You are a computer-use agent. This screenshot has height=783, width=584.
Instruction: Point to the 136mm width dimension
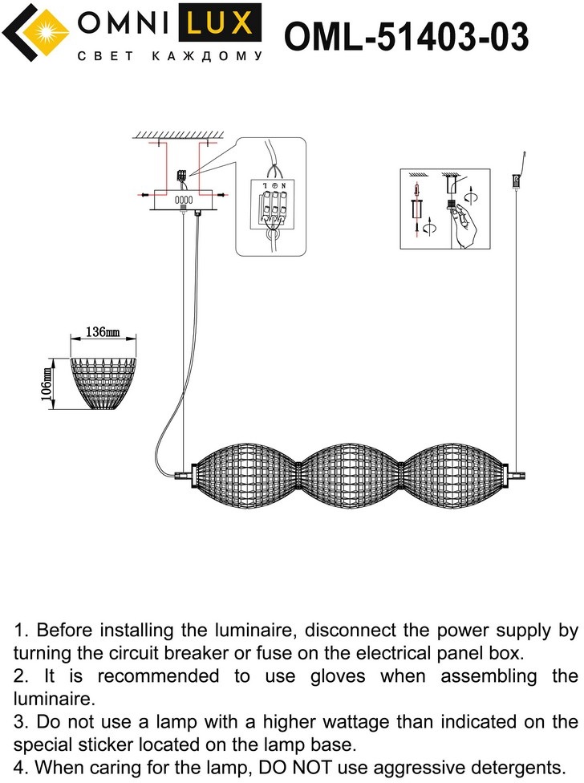(x=102, y=332)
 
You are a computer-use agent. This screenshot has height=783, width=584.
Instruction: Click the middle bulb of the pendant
(x=351, y=474)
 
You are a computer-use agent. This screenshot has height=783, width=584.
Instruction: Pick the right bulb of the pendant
(x=454, y=474)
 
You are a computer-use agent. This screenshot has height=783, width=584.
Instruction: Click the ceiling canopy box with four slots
(x=184, y=199)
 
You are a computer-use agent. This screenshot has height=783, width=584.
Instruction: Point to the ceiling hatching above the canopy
(x=177, y=133)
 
